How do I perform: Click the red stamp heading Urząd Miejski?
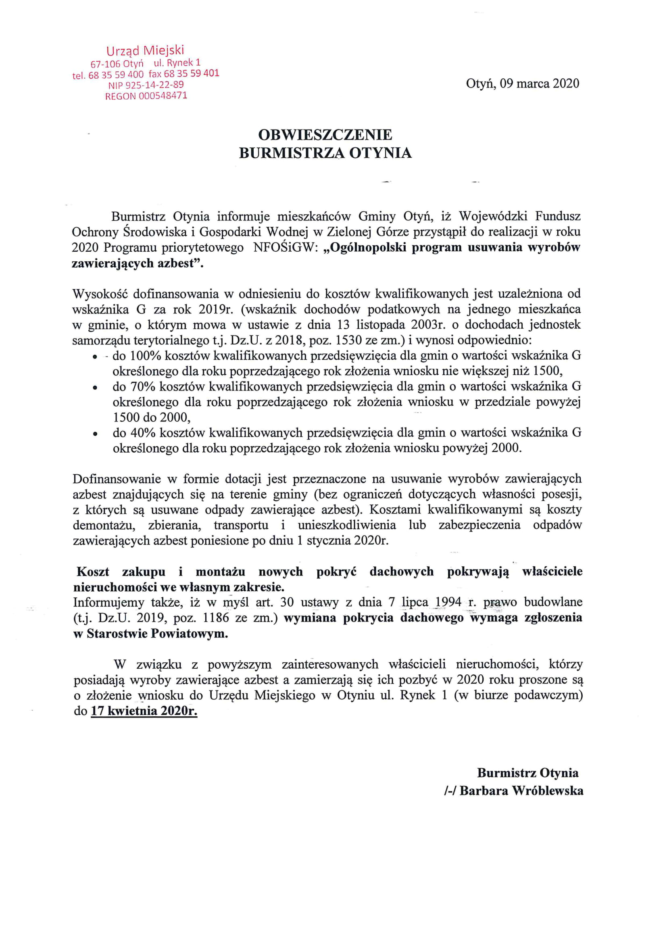145,50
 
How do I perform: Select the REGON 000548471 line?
146,96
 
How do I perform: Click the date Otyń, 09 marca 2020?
522,84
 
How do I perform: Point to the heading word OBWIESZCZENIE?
325,135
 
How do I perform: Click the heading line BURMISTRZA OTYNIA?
325,153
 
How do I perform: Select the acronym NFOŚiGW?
284,248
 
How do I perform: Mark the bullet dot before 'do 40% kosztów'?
95,433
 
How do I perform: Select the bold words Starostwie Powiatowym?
157,634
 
